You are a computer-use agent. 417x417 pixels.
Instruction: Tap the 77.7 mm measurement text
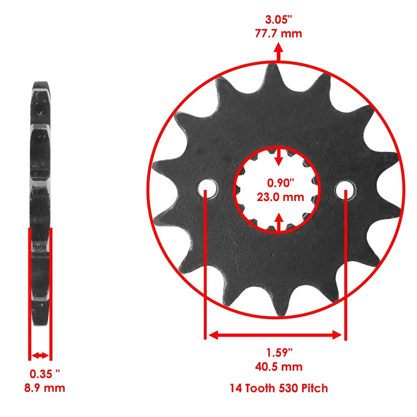click(278, 33)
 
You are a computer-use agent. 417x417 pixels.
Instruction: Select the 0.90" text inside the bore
click(278, 183)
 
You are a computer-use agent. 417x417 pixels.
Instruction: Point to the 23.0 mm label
click(278, 197)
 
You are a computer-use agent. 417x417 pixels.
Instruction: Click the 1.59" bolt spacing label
click(278, 352)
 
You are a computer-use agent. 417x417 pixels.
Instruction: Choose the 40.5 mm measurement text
click(278, 367)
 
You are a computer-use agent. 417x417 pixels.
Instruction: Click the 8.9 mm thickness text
click(44, 387)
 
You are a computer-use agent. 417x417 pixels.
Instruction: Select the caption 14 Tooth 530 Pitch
click(278, 388)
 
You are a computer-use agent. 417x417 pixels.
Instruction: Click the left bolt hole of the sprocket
click(208, 190)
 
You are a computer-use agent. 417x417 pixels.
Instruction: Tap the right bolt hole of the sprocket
click(346, 190)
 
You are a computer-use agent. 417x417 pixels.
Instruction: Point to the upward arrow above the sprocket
click(278, 54)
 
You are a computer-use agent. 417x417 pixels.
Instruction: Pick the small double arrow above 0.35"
click(40, 355)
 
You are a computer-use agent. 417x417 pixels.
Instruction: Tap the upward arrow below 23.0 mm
click(278, 222)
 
